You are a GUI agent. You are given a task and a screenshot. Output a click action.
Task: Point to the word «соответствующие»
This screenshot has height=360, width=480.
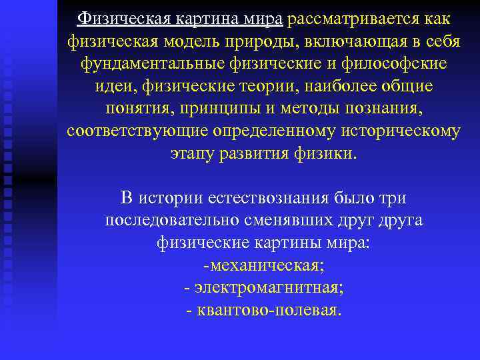click(133, 131)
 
